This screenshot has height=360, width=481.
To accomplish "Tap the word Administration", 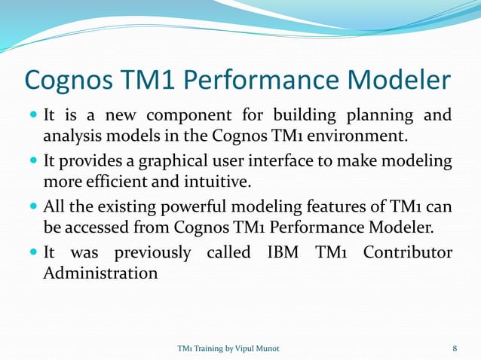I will (x=100, y=273).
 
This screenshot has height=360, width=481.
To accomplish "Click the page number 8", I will (x=455, y=348).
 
